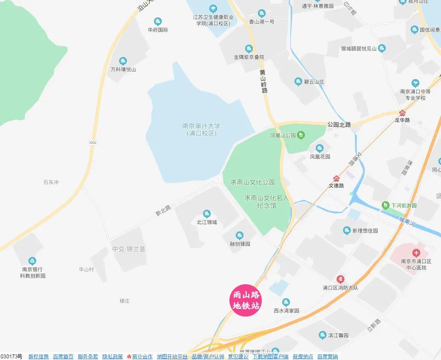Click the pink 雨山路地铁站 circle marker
(245, 300)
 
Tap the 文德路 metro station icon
(336, 178)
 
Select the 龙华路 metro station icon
(402, 113)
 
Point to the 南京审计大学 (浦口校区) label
(201, 130)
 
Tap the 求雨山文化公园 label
(252, 182)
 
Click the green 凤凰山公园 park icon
(301, 135)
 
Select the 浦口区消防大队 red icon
(341, 279)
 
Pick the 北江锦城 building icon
(207, 214)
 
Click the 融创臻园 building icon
(240, 235)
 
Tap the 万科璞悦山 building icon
(123, 61)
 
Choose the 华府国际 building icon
(158, 21)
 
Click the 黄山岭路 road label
(264, 81)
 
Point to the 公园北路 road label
(339, 125)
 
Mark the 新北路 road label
(163, 210)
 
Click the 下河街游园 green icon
(385, 206)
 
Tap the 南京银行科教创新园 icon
(32, 261)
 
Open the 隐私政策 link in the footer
(112, 357)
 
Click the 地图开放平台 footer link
(172, 357)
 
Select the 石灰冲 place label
(51, 182)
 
